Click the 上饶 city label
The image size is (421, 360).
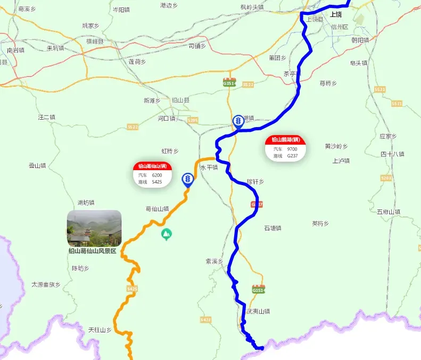(x=336, y=14)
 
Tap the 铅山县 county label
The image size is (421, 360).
(x=180, y=100)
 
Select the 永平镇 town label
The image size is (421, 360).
(x=209, y=167)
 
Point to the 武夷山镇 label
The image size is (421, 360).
(x=258, y=312)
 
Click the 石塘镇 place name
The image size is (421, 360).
(x=273, y=228)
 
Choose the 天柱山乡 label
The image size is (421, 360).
(x=100, y=330)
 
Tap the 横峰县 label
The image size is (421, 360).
(x=95, y=41)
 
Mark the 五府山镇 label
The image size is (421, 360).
(x=388, y=212)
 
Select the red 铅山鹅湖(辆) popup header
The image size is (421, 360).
(x=286, y=140)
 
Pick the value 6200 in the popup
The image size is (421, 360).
(x=156, y=175)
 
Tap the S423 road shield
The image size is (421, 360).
(x=206, y=320)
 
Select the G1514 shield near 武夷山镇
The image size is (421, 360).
(x=258, y=290)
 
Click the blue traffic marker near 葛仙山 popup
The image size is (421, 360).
(x=187, y=179)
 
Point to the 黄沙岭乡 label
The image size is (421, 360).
(x=336, y=146)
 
